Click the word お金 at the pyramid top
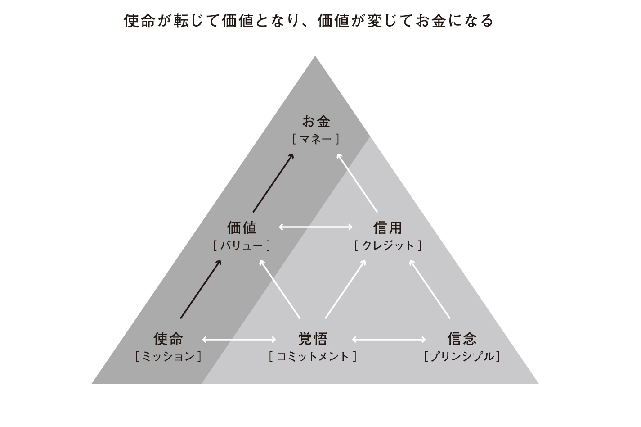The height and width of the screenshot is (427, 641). (x=316, y=121)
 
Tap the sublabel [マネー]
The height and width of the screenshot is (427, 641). (x=316, y=139)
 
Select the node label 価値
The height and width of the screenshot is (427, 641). (x=242, y=228)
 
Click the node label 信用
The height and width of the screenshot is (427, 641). (x=388, y=228)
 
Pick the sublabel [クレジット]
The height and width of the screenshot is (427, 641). (x=388, y=245)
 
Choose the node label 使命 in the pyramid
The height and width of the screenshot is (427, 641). (x=168, y=339)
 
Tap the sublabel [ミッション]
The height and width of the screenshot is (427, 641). (x=168, y=356)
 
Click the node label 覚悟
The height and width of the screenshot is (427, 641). (x=313, y=339)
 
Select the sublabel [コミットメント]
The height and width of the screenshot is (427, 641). (x=313, y=356)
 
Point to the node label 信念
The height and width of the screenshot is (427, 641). (x=462, y=339)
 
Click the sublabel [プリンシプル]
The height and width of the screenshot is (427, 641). (x=462, y=356)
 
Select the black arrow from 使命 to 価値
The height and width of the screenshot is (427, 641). (x=201, y=289)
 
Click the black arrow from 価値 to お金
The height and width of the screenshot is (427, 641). (x=273, y=183)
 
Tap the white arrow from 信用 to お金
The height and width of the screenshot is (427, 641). (x=357, y=183)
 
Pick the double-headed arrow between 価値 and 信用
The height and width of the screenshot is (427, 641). (x=316, y=227)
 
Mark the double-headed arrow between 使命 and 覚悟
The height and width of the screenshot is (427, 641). (x=239, y=340)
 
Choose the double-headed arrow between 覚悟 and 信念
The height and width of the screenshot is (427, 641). (x=389, y=340)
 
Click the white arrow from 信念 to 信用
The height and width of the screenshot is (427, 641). (x=430, y=289)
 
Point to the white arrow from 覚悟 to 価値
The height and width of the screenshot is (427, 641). (x=280, y=289)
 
